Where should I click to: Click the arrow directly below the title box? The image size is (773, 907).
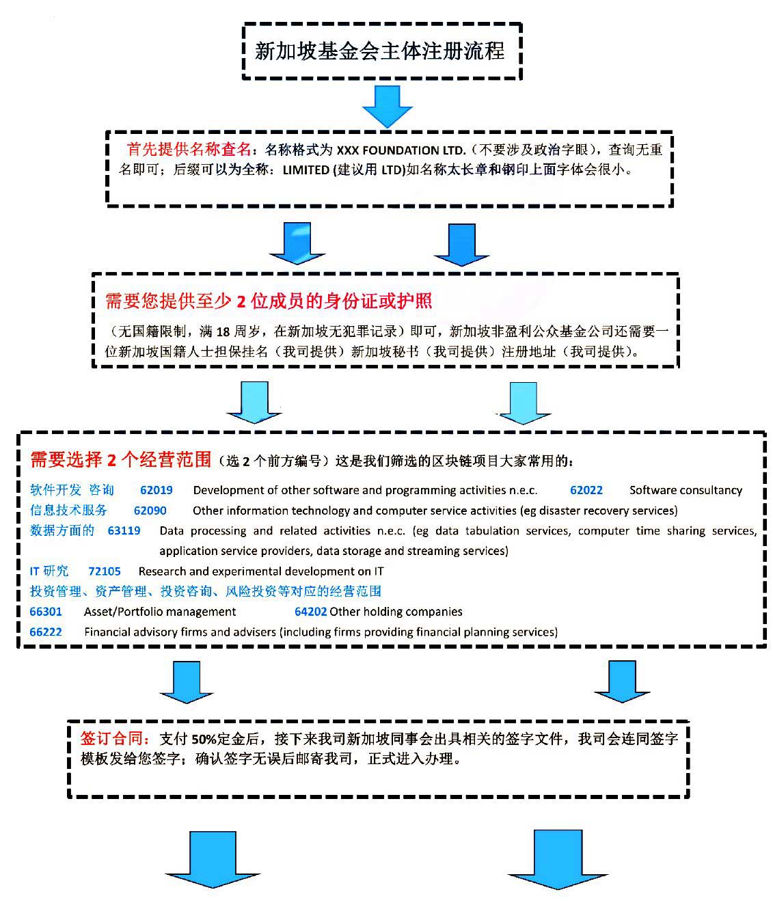pos(388,106)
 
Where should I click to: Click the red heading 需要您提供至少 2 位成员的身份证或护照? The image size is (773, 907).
pos(268,301)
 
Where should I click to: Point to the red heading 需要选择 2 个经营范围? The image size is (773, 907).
pos(121,460)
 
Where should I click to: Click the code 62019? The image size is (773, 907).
pos(157,490)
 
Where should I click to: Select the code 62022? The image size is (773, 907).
pos(586,490)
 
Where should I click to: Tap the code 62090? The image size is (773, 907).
pos(150,511)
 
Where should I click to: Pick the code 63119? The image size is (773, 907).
pos(124,530)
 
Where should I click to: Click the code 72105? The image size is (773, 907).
pos(105,571)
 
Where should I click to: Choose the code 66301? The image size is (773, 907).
pos(46,612)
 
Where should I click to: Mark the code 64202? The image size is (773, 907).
pos(311,612)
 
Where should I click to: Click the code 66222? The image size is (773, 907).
pos(46,632)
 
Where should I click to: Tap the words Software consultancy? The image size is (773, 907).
pos(686,490)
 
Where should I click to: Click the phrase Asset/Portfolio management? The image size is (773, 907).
pos(160,612)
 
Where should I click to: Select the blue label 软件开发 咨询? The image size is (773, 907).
pos(72,490)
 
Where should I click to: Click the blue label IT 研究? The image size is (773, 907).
pos(49,571)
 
